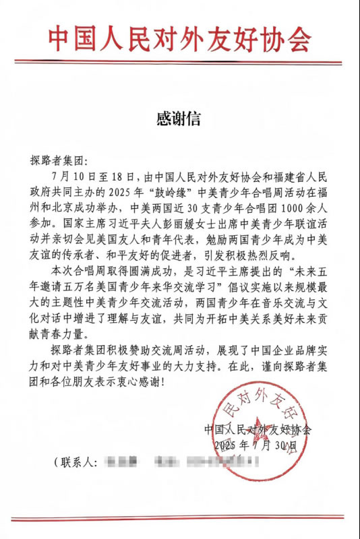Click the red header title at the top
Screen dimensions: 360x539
pyautogui.click(x=180, y=41)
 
